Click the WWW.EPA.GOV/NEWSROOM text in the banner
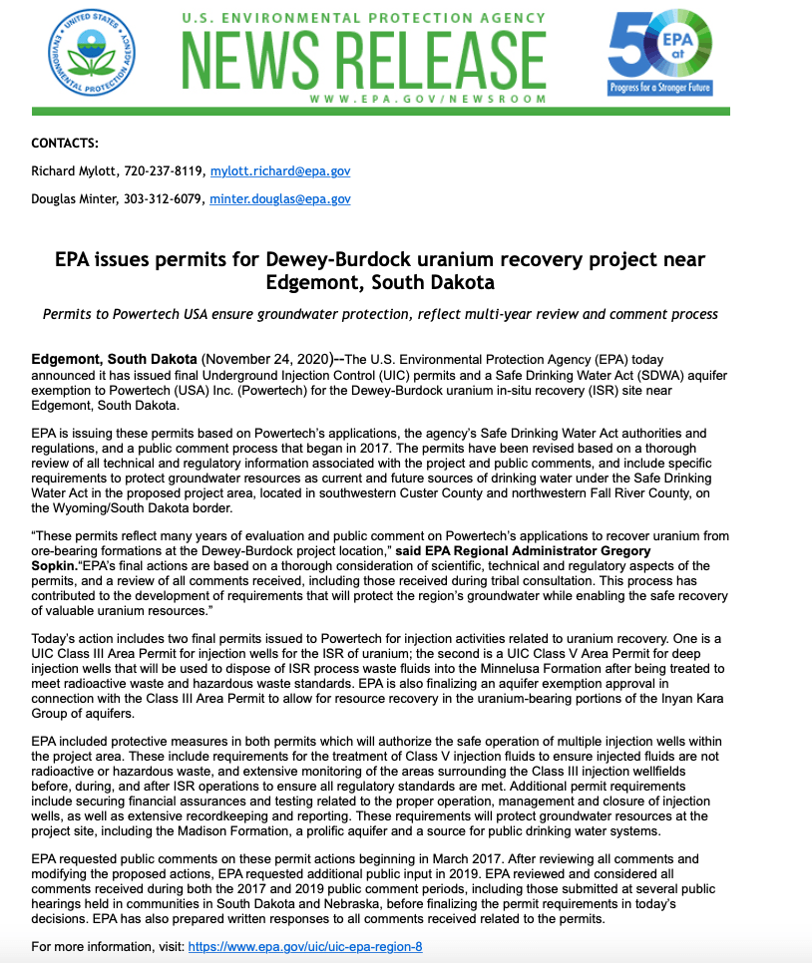point(428,99)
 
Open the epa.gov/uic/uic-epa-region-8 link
point(305,946)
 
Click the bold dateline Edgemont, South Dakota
point(114,359)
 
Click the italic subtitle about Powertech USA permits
point(380,314)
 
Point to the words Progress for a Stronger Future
point(660,88)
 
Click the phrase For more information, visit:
point(108,946)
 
